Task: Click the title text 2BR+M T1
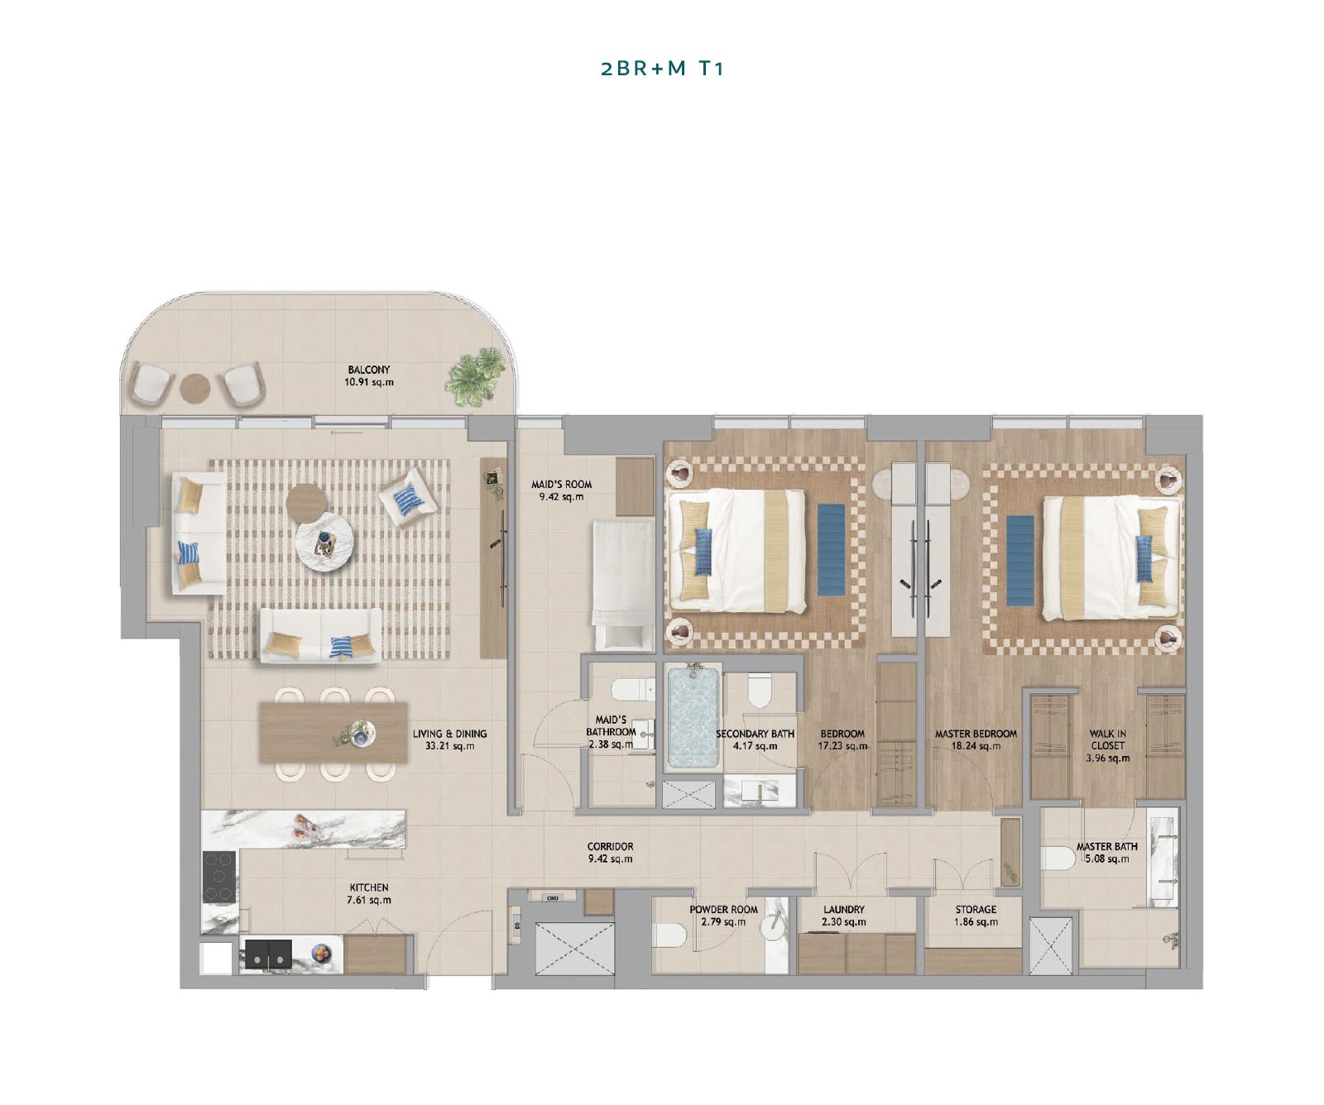pos(661,69)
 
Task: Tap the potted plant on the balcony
pos(476,376)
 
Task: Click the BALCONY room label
pos(369,370)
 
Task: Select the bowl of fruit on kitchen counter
pos(320,954)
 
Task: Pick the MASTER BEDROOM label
pos(976,734)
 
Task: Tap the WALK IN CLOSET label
pos(1107,739)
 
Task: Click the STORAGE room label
pos(976,909)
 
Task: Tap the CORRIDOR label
pos(610,847)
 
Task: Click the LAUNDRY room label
pos(843,909)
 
